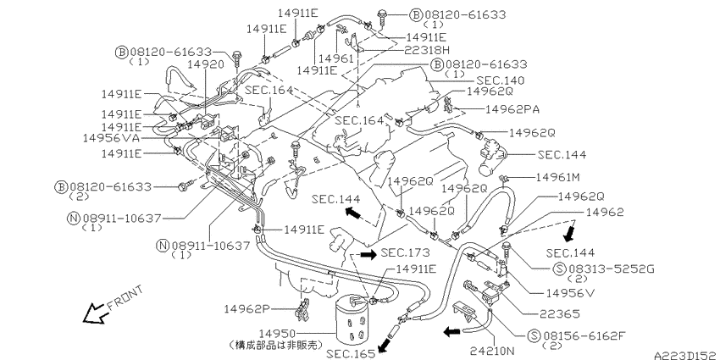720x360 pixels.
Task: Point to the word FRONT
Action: click(125, 297)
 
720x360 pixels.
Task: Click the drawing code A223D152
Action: click(686, 355)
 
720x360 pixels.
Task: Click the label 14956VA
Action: click(112, 138)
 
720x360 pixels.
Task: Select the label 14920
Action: click(206, 64)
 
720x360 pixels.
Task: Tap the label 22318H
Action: click(428, 50)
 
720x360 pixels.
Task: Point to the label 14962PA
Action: click(512, 109)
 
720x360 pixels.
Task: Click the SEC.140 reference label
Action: click(500, 80)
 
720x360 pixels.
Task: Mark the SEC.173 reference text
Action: click(406, 252)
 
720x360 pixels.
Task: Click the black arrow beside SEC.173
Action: click(368, 254)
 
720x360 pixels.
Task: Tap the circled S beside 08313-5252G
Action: click(561, 269)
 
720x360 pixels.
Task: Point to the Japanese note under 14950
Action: click(275, 345)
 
